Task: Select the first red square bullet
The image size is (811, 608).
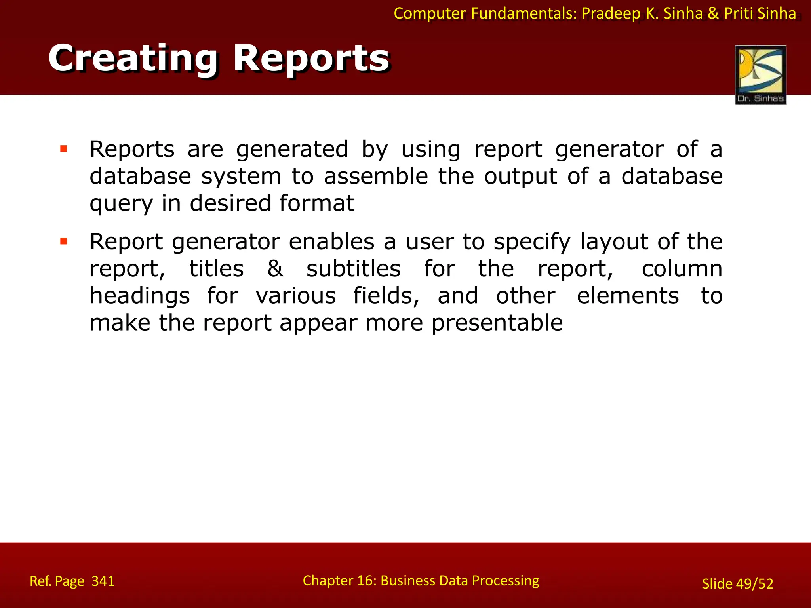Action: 63,149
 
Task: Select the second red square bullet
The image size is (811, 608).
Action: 63,241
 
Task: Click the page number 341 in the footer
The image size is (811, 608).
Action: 103,581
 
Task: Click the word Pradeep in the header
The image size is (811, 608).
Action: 611,13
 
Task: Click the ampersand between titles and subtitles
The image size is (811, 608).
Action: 275,269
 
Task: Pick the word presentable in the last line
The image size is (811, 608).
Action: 497,323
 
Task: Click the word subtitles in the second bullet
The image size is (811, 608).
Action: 353,269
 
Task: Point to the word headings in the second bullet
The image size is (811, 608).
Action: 139,296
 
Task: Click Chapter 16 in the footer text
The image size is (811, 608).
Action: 339,581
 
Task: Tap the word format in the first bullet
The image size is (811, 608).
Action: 316,203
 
